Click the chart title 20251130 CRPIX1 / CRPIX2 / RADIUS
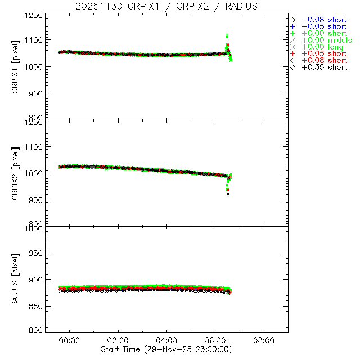click(167, 6)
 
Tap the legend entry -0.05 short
click(324, 26)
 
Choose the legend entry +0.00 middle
click(326, 40)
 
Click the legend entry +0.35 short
click(324, 67)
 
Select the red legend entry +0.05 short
click(324, 53)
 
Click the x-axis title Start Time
click(167, 349)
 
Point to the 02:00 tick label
click(118, 340)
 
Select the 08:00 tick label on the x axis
click(264, 340)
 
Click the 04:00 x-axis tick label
click(166, 340)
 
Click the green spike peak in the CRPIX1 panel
click(227, 35)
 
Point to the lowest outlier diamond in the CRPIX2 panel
click(228, 193)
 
